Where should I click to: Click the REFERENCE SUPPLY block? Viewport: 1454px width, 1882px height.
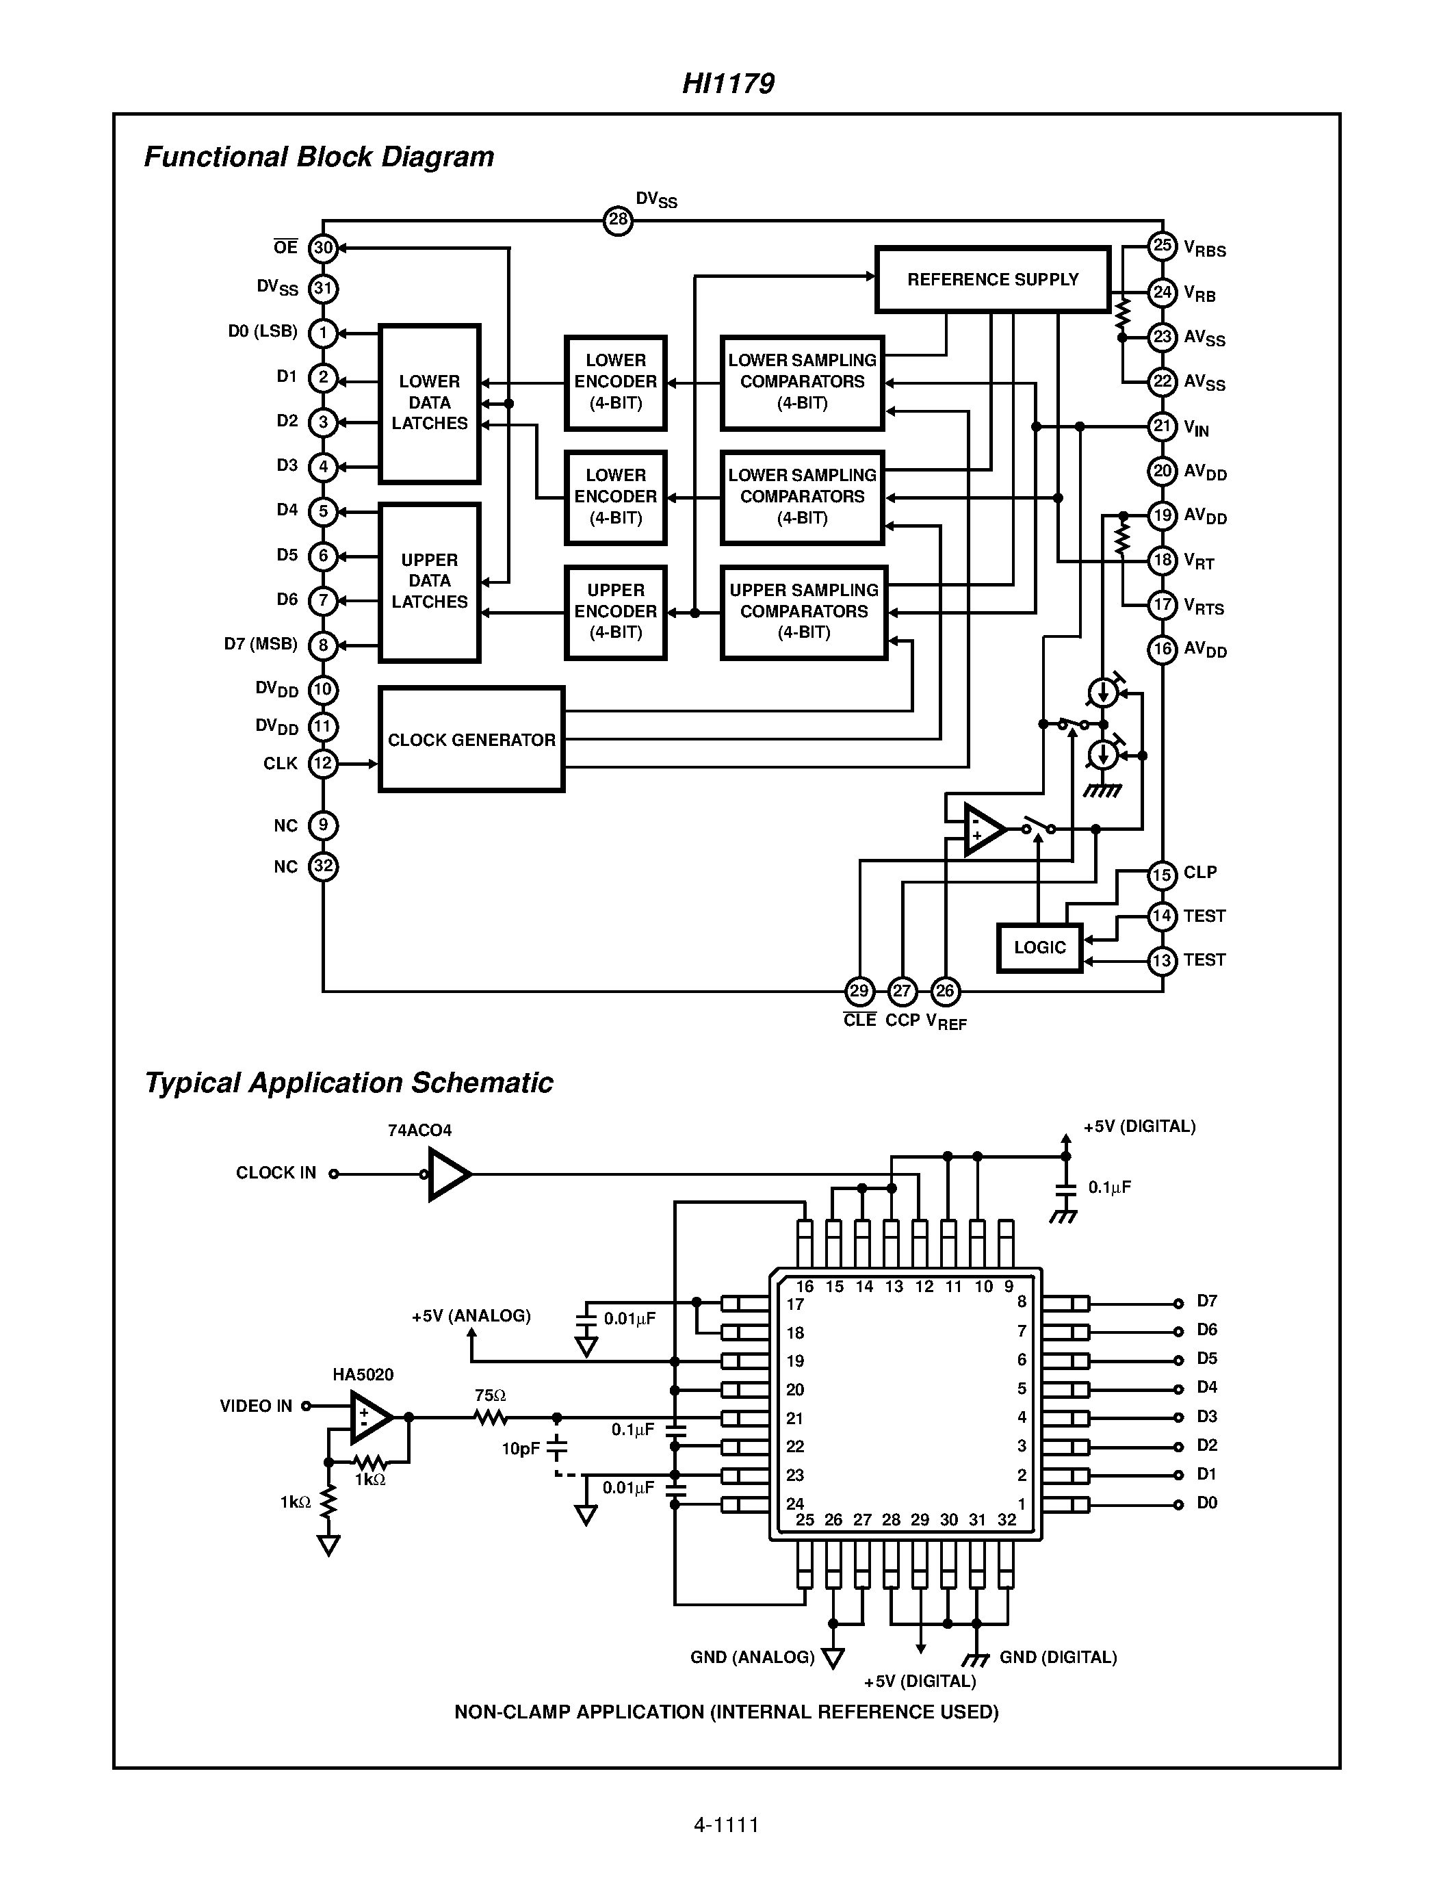pyautogui.click(x=992, y=279)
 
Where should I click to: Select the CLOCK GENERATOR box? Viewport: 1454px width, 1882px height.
pyautogui.click(x=471, y=739)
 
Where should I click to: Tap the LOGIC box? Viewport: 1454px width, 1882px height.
pyautogui.click(x=1039, y=947)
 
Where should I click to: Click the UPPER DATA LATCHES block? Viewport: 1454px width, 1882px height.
pyautogui.click(x=429, y=582)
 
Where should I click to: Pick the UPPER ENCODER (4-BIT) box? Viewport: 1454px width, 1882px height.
pyautogui.click(x=615, y=612)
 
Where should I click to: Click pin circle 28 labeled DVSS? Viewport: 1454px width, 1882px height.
pyautogui.click(x=618, y=220)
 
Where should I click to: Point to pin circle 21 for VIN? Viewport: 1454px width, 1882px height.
pyautogui.click(x=1162, y=426)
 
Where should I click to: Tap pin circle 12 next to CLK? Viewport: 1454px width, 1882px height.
pyautogui.click(x=323, y=764)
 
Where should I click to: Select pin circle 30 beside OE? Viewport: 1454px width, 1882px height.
pyautogui.click(x=323, y=248)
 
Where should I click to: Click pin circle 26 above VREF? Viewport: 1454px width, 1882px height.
pyautogui.click(x=945, y=991)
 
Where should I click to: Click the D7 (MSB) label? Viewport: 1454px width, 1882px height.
pyautogui.click(x=260, y=644)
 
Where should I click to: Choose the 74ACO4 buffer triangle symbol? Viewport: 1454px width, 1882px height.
pyautogui.click(x=449, y=1174)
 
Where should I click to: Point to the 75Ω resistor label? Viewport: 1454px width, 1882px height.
pyautogui.click(x=490, y=1394)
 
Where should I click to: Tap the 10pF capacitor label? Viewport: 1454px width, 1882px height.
pyautogui.click(x=520, y=1449)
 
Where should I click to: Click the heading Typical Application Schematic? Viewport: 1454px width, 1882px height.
pyautogui.click(x=349, y=1083)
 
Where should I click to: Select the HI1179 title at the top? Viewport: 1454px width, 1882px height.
pyautogui.click(x=728, y=83)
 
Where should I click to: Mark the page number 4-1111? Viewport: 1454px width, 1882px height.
pyautogui.click(x=726, y=1825)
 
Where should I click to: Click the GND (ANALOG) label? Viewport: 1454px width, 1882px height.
pyautogui.click(x=752, y=1657)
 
